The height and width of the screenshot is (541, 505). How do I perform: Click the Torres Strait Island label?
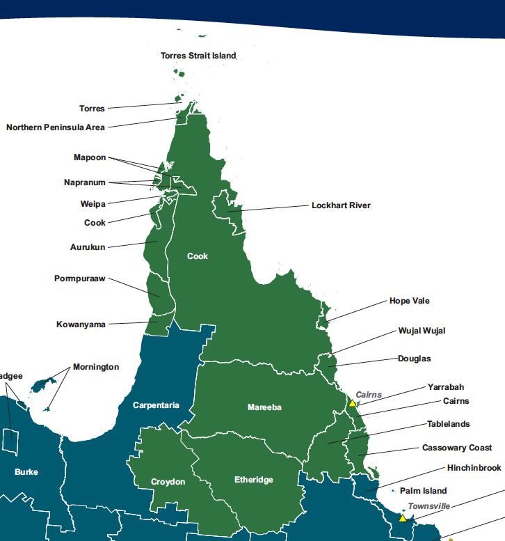tap(198, 55)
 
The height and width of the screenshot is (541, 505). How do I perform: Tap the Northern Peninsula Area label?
tap(56, 127)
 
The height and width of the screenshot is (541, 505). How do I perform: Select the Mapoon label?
tap(90, 157)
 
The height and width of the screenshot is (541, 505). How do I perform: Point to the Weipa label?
tap(93, 204)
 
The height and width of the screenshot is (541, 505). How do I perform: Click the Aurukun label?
tap(88, 247)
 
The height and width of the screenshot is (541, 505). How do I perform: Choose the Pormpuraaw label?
tap(80, 279)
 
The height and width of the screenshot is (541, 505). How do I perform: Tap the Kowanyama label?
tap(81, 324)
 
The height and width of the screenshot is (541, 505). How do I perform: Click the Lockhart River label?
tap(341, 205)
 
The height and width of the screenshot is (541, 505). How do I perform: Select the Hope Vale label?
tap(409, 301)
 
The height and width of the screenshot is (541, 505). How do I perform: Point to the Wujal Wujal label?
tap(422, 330)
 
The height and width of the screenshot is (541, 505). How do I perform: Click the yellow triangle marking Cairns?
tap(353, 403)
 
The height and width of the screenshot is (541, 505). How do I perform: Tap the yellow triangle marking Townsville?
tap(402, 518)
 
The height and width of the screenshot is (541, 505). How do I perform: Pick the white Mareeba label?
tap(264, 407)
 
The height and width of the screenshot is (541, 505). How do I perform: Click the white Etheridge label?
tap(253, 480)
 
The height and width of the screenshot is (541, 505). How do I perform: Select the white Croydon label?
tap(168, 482)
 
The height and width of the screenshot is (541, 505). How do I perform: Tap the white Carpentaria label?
tap(156, 405)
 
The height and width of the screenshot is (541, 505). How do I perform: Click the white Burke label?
tap(26, 472)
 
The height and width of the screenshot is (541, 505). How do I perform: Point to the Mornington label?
tap(96, 367)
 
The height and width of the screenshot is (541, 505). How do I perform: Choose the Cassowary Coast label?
tap(456, 448)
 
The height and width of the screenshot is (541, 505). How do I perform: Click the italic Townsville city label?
tap(428, 505)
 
